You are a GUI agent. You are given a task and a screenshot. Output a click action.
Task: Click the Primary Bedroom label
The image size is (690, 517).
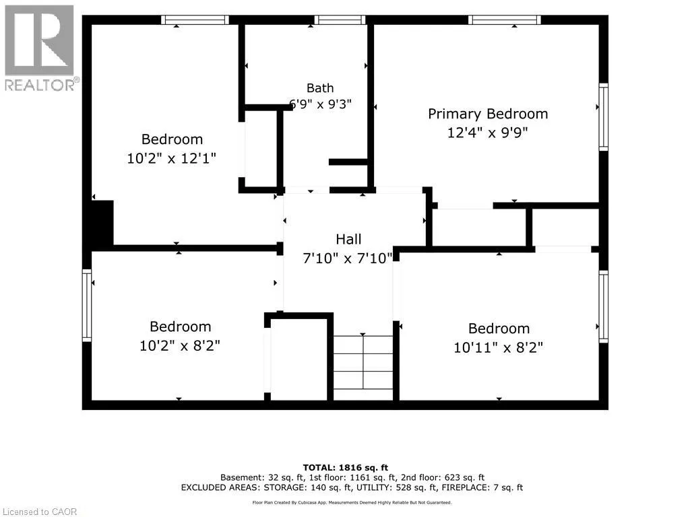tap(488, 114)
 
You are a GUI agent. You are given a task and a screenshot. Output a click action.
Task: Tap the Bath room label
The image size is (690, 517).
tap(320, 88)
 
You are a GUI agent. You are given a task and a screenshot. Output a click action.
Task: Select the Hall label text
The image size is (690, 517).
tap(348, 239)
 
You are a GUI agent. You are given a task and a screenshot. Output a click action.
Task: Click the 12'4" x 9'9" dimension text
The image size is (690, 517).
tap(488, 133)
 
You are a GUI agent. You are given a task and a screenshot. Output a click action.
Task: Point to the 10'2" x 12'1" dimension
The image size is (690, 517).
tap(172, 158)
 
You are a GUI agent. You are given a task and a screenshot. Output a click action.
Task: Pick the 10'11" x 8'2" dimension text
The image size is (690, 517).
tap(498, 348)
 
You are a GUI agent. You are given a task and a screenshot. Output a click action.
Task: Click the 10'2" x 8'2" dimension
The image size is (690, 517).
tap(179, 345)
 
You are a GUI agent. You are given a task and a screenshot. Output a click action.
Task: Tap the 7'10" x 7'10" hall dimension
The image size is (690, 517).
tap(348, 258)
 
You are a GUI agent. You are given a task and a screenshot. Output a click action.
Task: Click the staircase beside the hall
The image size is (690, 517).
tap(363, 367)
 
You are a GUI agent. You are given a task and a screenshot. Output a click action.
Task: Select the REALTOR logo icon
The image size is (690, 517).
tap(39, 40)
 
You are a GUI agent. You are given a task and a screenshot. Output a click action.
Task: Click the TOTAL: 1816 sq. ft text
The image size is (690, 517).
tap(346, 468)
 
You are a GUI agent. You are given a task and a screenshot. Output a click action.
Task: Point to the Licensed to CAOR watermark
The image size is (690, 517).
tap(40, 512)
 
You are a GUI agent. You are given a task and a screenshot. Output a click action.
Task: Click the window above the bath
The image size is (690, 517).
tap(340, 20)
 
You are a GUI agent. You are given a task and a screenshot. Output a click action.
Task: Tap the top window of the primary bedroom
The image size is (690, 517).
tap(505, 20)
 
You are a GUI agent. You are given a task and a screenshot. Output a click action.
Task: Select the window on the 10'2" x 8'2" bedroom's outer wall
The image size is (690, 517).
tap(87, 306)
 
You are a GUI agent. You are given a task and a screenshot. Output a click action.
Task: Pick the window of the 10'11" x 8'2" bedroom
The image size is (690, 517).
tap(603, 306)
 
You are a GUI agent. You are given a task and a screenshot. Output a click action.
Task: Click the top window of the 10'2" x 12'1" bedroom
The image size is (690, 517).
tap(195, 20)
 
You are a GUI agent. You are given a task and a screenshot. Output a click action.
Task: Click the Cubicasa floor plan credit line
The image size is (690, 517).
tap(352, 502)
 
